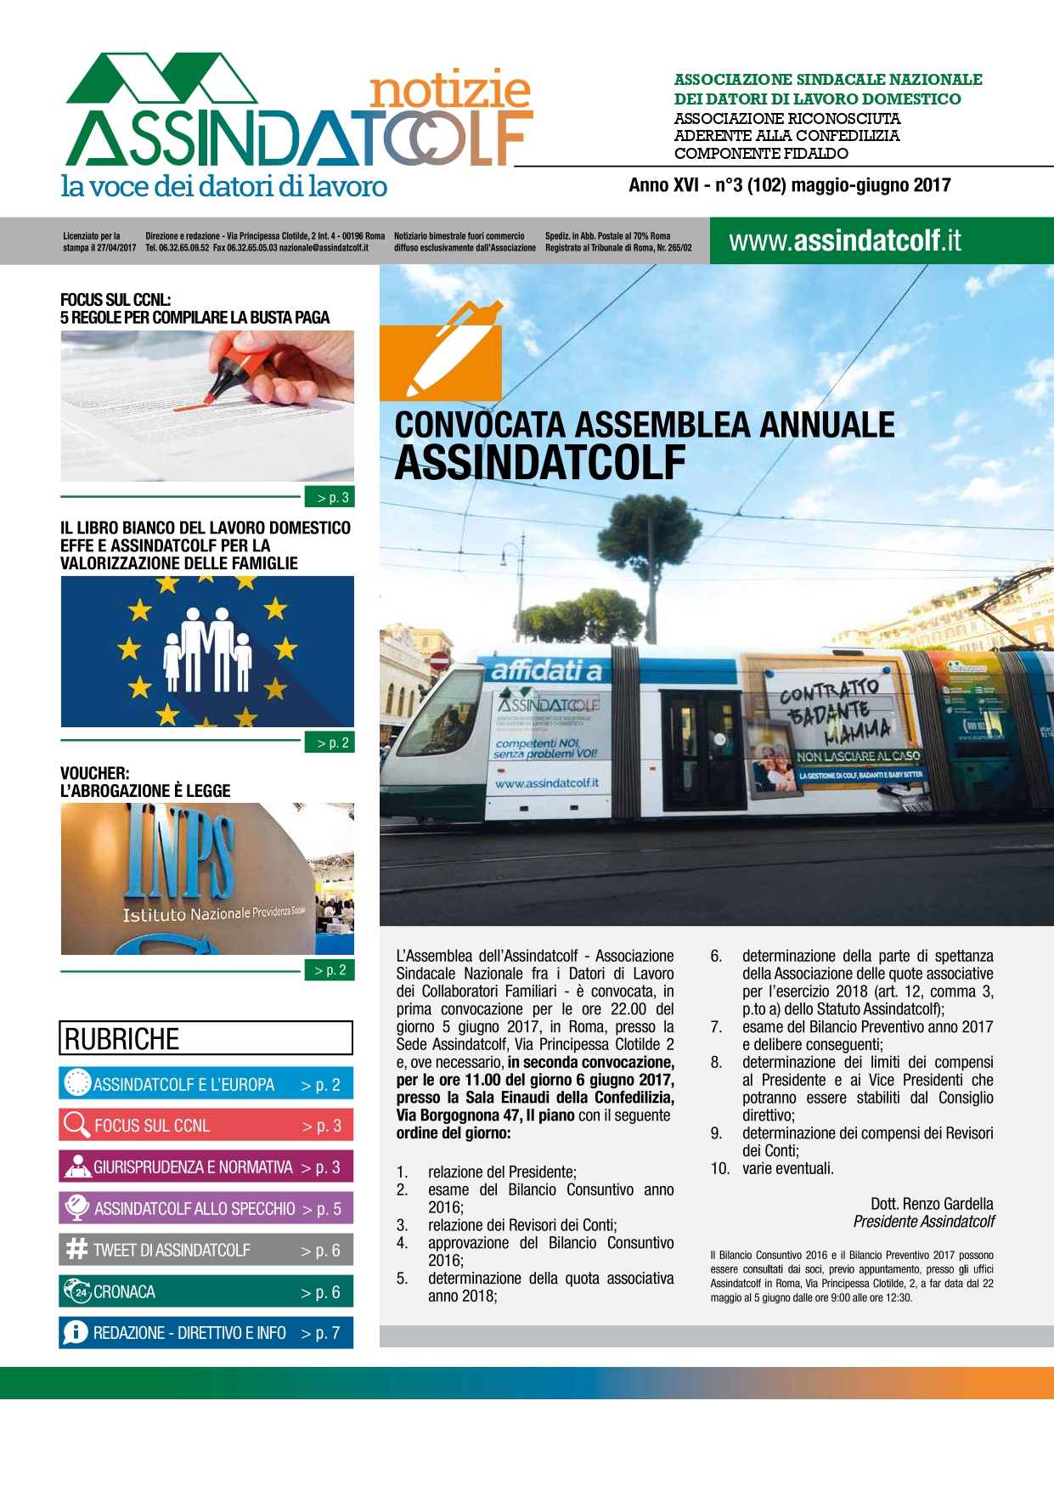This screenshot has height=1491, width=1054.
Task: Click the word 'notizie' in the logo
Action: point(450,91)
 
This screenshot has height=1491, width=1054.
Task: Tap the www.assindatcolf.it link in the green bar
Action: point(844,241)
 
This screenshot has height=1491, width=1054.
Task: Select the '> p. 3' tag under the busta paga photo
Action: point(330,497)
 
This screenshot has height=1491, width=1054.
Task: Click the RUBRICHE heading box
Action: point(206,1038)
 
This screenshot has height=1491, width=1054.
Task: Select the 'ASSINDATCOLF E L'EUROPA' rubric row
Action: point(206,1084)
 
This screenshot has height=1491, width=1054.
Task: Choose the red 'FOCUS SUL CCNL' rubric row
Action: point(206,1125)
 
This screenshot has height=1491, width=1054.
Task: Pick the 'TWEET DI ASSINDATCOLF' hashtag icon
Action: point(76,1249)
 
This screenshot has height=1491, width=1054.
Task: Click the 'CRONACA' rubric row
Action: point(206,1291)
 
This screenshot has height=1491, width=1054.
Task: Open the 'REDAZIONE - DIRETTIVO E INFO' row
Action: point(206,1332)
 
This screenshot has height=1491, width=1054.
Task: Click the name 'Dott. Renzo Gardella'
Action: point(932,1203)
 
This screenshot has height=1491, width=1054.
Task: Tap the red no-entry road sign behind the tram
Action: point(439,660)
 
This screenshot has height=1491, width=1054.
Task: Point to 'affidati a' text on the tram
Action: point(546,671)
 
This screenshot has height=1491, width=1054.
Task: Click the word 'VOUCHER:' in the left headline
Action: point(95,773)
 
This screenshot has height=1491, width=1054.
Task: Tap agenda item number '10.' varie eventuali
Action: point(720,1168)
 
